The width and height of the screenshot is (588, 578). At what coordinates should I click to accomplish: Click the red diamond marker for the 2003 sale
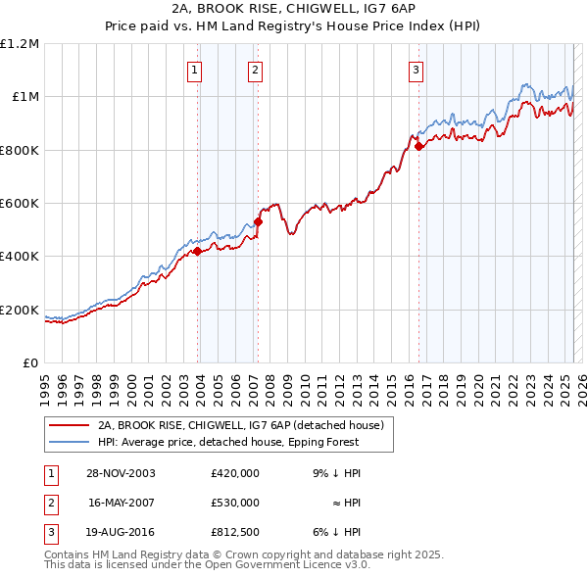coord(198,251)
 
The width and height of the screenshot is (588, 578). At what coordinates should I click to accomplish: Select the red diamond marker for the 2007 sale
coord(258,221)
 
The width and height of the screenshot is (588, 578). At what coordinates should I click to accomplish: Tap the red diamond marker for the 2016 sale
coord(418,146)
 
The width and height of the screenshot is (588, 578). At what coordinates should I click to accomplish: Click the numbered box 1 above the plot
coord(195,70)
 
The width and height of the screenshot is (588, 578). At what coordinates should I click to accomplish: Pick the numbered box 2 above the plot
coord(255,70)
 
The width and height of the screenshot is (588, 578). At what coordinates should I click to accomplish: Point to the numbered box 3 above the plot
coord(416,70)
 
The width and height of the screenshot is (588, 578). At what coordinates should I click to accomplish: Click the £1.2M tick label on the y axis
coord(20,44)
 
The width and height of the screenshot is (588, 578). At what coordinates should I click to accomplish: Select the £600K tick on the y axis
coord(20,204)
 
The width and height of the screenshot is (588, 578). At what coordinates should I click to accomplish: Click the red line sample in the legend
coord(69,426)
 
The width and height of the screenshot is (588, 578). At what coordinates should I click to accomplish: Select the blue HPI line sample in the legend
coord(69,442)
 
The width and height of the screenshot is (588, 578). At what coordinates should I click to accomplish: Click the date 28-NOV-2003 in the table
coord(121,473)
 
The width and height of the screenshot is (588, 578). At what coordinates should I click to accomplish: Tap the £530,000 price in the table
coord(234,503)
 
